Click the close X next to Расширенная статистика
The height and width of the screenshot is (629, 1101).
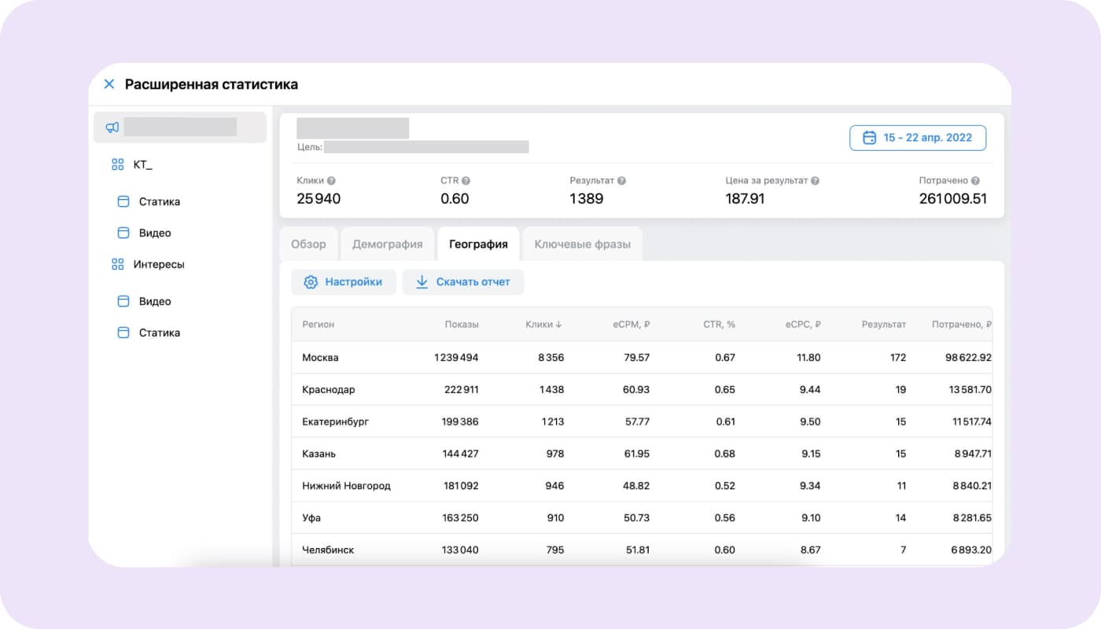point(109,84)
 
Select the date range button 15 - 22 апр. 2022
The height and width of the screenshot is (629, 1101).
point(918,138)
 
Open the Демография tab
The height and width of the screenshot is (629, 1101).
point(387,245)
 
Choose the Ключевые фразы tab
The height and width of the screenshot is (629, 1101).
point(582,245)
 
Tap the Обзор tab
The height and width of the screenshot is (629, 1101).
point(308,245)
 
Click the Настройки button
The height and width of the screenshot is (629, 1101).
point(344,282)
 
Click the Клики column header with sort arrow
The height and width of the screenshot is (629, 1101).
point(544,324)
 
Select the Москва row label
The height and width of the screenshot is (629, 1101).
point(320,358)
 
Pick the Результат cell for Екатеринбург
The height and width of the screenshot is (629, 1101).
point(900,421)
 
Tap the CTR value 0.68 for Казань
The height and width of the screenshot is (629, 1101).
point(725,454)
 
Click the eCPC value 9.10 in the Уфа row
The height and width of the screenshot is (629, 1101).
point(810,518)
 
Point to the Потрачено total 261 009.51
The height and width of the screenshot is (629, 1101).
point(952,199)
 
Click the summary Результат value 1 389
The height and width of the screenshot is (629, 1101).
point(587,199)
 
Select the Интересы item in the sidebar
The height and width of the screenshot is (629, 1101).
point(158,264)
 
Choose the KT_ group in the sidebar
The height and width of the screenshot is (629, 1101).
point(142,164)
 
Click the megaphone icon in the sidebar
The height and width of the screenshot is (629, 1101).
point(112,127)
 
